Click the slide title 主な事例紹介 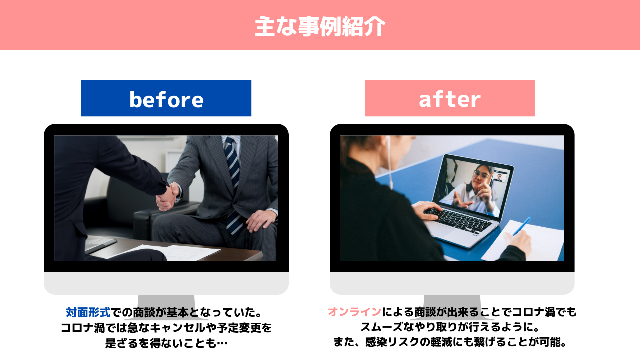tap(320, 26)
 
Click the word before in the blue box tap(166, 99)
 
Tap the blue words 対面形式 tap(88, 312)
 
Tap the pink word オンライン tap(354, 312)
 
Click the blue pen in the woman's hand tap(522, 226)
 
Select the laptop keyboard tap(459, 220)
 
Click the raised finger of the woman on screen tap(489, 179)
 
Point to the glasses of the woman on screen tap(481, 174)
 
